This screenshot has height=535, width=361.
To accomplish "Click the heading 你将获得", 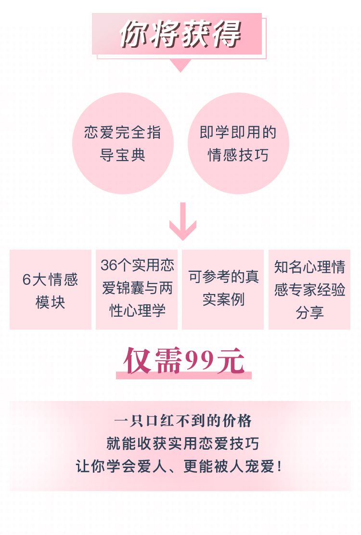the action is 180,33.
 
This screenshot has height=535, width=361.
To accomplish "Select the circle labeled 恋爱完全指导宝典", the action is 123,143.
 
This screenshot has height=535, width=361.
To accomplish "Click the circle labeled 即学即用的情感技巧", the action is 238,143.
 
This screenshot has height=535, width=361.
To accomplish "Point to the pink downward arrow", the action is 183,221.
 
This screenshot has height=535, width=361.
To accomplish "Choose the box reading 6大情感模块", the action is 51,290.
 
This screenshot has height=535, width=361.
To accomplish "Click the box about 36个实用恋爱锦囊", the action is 137,290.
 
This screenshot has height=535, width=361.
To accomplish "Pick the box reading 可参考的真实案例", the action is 223,290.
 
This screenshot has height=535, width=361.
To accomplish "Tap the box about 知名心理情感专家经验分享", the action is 309,290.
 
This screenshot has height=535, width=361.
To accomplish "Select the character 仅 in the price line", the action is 137,361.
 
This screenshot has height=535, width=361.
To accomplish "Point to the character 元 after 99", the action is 231,361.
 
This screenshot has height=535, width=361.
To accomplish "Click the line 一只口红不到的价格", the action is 183,421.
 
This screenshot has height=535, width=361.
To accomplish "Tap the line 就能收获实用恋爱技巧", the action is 183,443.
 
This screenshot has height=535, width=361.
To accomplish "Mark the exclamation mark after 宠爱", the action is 280,467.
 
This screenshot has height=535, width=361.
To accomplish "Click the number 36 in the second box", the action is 109,265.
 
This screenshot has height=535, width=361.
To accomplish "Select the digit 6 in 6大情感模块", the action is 26,280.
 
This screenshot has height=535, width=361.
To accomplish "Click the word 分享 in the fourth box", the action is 309,312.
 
